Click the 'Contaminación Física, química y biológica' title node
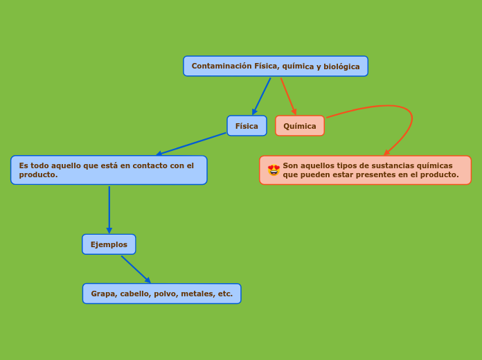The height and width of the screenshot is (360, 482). pyautogui.click(x=276, y=66)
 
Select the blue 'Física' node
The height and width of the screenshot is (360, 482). pyautogui.click(x=247, y=126)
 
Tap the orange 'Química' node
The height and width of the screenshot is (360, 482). pyautogui.click(x=300, y=126)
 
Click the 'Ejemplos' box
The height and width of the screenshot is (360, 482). pyautogui.click(x=109, y=244)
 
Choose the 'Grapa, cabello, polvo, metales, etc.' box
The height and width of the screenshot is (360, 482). pyautogui.click(x=162, y=294)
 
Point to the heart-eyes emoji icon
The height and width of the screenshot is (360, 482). pyautogui.click(x=274, y=170)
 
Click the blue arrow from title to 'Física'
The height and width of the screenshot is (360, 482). pyautogui.click(x=262, y=96)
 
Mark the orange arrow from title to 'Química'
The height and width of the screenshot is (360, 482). pyautogui.click(x=288, y=96)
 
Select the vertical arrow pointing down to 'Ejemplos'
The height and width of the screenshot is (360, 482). pyautogui.click(x=109, y=209)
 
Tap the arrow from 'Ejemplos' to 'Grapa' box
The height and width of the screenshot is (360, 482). pyautogui.click(x=136, y=269)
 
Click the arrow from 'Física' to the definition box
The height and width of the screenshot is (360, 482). pyautogui.click(x=191, y=144)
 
